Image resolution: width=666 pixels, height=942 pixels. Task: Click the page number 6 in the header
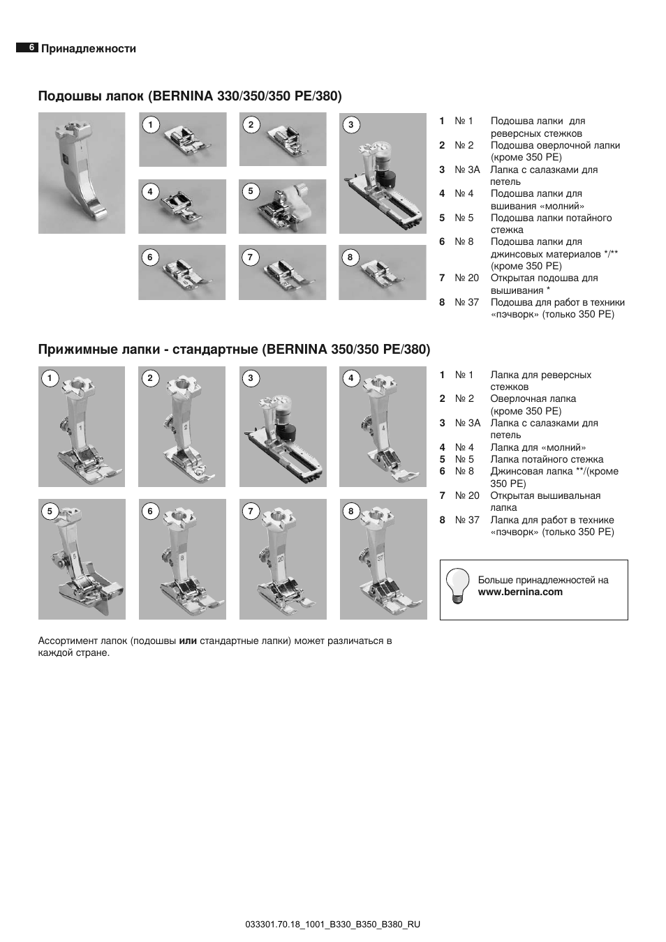coord(31,48)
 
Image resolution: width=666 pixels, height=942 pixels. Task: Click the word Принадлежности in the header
coord(88,49)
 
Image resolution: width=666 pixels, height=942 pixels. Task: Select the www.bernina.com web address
coord(520,592)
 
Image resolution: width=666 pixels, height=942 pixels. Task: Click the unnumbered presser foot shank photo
coord(81,173)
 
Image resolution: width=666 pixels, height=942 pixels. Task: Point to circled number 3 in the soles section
coord(350,125)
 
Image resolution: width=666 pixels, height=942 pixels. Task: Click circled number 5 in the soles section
coord(250,191)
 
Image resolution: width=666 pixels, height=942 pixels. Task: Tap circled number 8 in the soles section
coord(350,257)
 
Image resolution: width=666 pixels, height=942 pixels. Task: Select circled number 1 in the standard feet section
coord(50,379)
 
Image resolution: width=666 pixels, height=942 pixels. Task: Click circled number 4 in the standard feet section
coord(350,379)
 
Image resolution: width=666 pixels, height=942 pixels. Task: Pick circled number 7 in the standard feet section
coord(251,511)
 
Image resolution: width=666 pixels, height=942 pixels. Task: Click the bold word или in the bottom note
coord(188,641)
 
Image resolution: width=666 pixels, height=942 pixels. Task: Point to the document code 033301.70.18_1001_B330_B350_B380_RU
coord(333,924)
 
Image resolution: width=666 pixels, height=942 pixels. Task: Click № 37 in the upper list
coord(467,302)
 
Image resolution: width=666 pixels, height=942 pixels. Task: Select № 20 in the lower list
coord(467,495)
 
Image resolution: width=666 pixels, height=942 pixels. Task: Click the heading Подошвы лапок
coord(91,96)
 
